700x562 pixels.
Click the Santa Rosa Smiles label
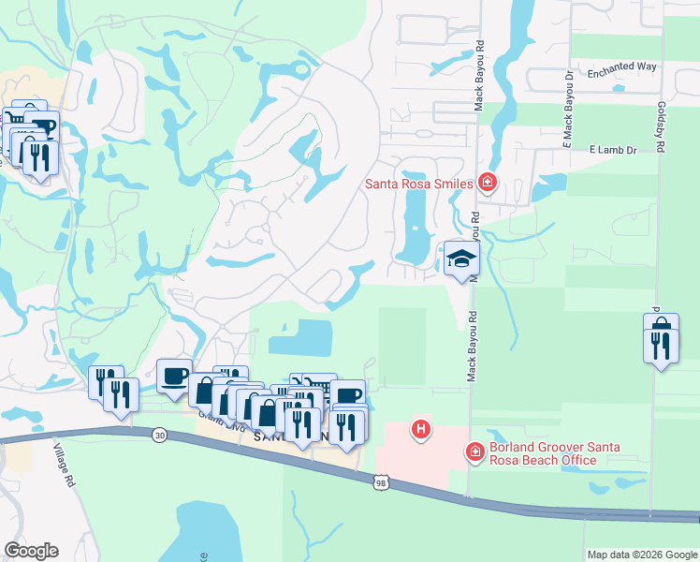418,185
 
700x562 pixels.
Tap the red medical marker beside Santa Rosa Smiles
487,183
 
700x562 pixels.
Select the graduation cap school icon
460,259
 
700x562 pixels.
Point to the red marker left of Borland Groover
475,453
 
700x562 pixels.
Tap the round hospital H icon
422,430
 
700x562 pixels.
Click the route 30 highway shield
158,436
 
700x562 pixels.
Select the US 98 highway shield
380,482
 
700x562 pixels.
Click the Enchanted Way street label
622,68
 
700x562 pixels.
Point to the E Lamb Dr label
613,150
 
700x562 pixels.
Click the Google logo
31,551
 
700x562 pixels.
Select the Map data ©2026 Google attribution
641,555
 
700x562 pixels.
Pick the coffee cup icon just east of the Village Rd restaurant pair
174,376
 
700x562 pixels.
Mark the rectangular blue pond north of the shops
301,337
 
